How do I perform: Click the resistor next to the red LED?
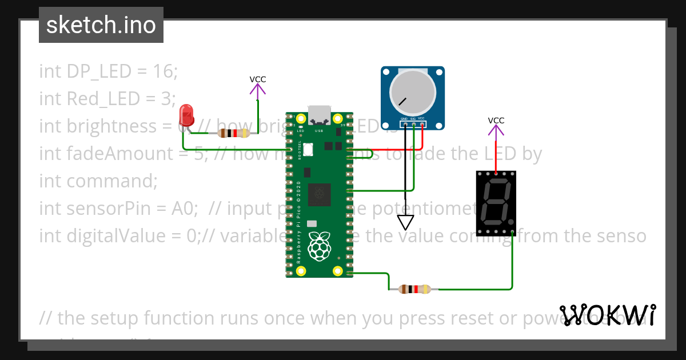[x=233, y=133]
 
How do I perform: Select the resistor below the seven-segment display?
[x=414, y=289]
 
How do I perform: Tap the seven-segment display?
[x=496, y=203]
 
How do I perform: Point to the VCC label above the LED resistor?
[x=258, y=79]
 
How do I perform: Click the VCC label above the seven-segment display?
[x=496, y=121]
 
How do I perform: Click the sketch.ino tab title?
[x=101, y=25]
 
